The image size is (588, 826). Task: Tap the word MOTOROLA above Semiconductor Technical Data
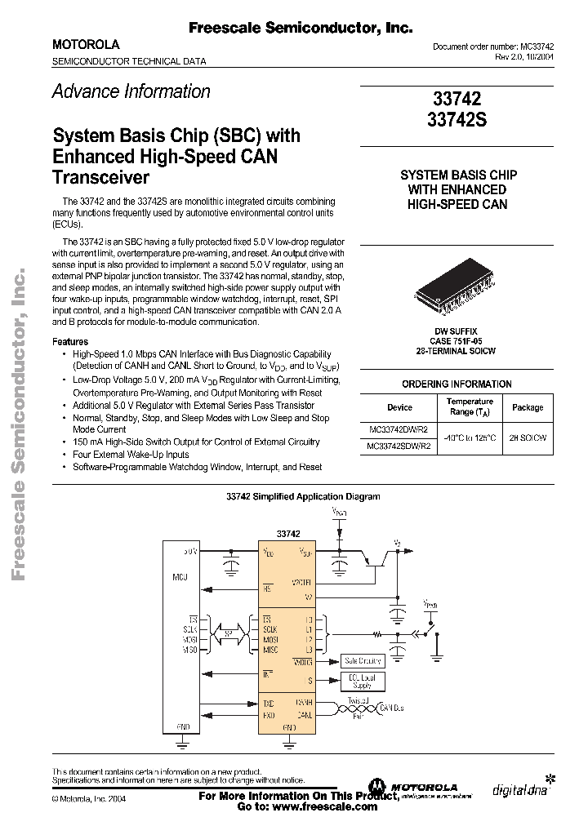[86, 45]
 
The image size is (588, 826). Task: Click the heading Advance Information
[131, 91]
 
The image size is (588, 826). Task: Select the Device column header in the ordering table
[399, 406]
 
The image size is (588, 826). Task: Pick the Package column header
[527, 406]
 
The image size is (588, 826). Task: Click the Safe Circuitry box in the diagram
[363, 661]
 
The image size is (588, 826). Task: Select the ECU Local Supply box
[362, 682]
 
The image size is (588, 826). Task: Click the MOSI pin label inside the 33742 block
[269, 640]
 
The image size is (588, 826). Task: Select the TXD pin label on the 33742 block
[268, 702]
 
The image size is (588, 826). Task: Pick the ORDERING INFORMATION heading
[457, 384]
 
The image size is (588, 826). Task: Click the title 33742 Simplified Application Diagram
[302, 496]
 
